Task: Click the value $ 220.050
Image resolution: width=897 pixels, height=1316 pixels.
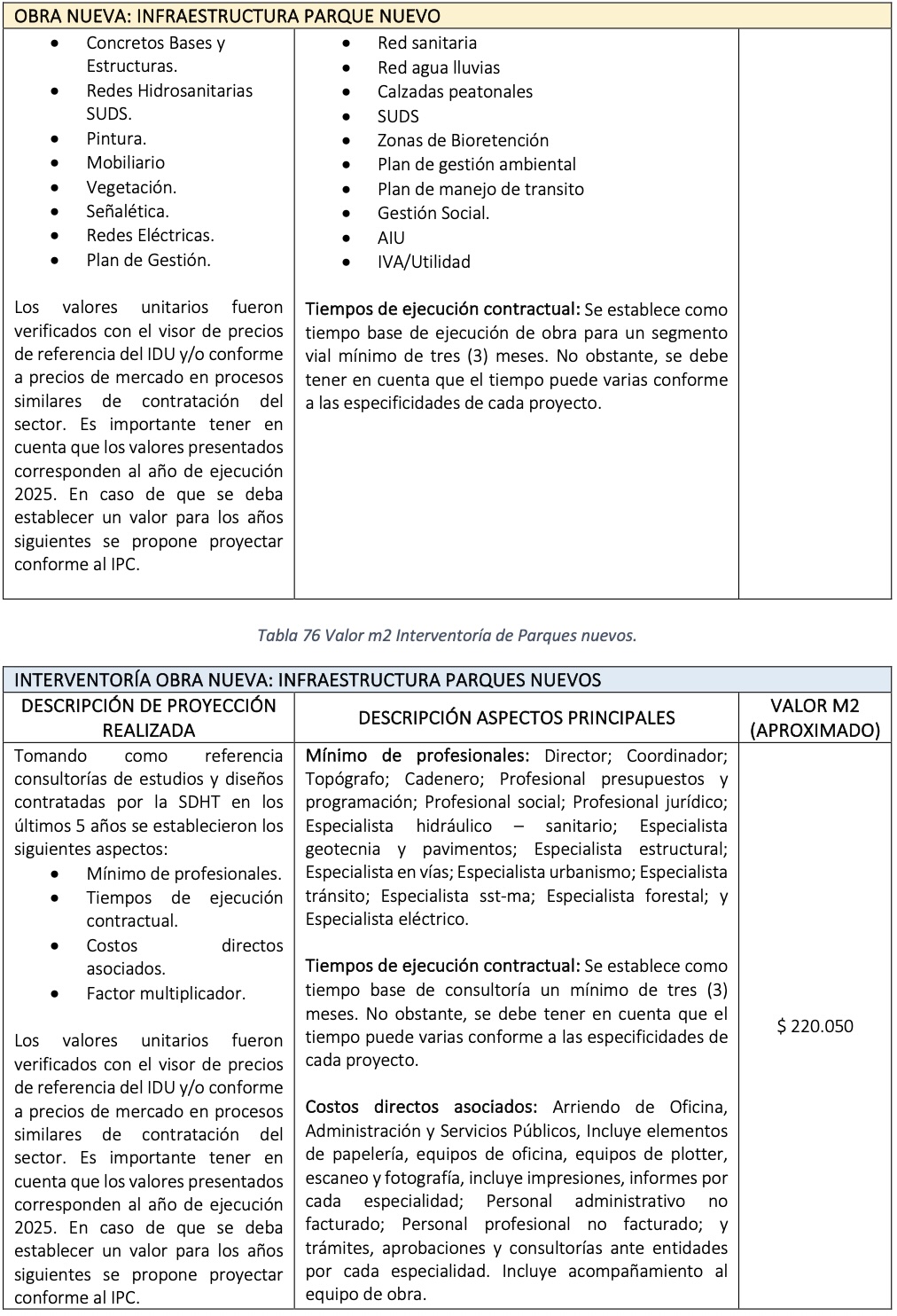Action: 815,1026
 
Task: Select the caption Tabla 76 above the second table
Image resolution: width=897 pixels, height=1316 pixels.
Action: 447,635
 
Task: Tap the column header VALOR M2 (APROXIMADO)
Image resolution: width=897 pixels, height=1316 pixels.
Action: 815,717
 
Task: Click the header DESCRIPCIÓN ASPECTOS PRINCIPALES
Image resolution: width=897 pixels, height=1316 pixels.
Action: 516,717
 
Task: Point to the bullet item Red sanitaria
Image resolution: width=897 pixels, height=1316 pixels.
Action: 426,43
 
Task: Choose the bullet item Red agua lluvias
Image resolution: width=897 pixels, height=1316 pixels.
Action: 438,67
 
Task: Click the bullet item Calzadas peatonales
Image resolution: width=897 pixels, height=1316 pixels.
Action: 455,91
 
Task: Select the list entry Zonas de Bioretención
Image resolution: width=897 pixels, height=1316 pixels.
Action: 463,140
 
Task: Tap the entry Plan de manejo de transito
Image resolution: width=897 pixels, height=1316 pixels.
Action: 480,189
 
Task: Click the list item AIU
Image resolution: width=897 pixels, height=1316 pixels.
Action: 391,238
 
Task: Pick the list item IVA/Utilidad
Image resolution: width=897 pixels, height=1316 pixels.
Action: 424,262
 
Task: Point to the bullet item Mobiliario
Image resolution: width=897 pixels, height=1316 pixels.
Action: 125,162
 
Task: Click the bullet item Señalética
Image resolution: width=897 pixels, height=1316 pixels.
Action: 128,211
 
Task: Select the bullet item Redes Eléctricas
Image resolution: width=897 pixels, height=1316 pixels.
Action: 150,235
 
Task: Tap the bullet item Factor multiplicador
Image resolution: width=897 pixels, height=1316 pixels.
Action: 166,993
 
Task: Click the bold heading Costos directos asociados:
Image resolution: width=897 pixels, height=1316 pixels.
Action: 421,1107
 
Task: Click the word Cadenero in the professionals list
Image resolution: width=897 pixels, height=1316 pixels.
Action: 440,779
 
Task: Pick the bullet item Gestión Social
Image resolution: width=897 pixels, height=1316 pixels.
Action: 433,213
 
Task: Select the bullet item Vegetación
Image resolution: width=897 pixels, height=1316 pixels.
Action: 131,187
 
